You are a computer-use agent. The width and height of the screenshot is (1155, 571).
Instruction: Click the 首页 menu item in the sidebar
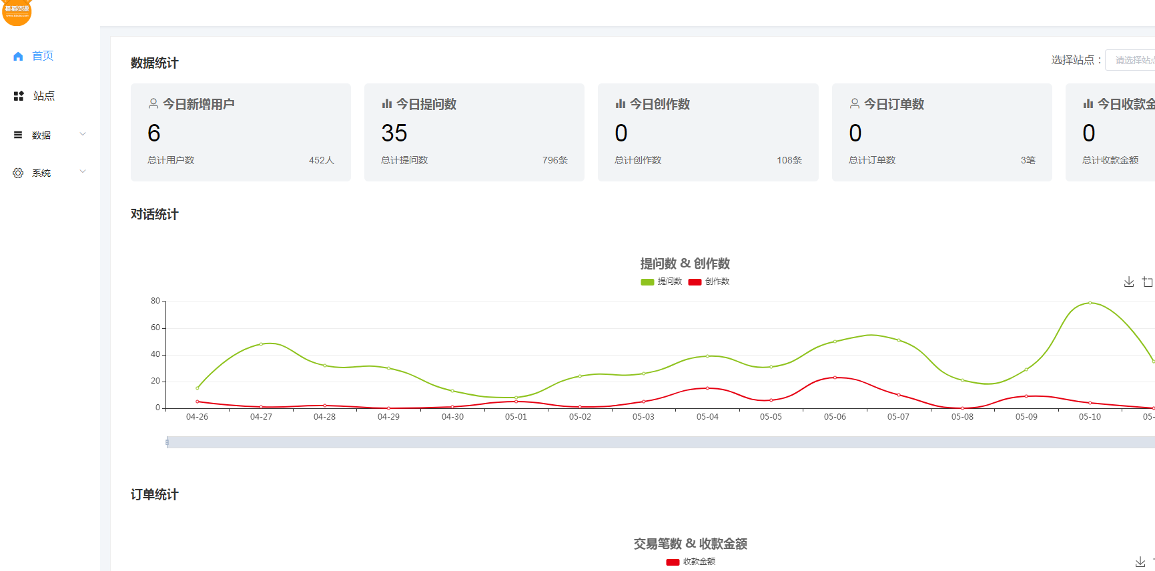[x=42, y=56]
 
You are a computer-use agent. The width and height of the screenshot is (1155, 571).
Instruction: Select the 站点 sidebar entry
[x=43, y=96]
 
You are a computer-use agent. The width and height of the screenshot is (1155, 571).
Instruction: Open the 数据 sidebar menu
[x=41, y=135]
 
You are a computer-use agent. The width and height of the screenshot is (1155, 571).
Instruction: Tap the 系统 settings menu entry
[x=41, y=173]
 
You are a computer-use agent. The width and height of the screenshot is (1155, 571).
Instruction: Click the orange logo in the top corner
[x=17, y=12]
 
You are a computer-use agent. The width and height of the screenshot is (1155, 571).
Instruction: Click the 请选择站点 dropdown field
[x=1132, y=60]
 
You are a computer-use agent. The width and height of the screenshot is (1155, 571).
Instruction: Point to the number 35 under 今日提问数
[x=394, y=133]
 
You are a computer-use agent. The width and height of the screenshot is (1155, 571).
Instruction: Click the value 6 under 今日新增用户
[x=154, y=133]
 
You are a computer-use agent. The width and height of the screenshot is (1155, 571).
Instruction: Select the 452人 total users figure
[x=321, y=161]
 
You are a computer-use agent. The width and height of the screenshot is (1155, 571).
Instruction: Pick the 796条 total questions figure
[x=554, y=161]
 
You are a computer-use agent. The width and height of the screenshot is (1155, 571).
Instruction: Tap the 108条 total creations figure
[x=789, y=161]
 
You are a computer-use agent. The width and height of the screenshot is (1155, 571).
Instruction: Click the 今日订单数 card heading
[x=893, y=104]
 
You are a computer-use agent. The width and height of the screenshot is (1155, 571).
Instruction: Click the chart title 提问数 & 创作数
[x=685, y=263]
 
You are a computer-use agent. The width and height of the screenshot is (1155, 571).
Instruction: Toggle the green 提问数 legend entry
[x=661, y=281]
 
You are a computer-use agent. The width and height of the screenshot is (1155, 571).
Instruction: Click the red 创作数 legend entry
[x=709, y=281]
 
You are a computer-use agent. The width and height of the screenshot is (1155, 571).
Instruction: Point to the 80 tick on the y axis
[x=155, y=301]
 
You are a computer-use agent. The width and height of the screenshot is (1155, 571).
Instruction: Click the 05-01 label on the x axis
[x=516, y=417]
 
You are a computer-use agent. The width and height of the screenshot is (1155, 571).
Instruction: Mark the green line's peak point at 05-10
[x=1090, y=303]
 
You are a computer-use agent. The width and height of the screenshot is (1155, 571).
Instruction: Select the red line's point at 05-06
[x=835, y=378]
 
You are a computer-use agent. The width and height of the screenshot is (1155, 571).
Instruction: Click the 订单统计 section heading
[x=154, y=494]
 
